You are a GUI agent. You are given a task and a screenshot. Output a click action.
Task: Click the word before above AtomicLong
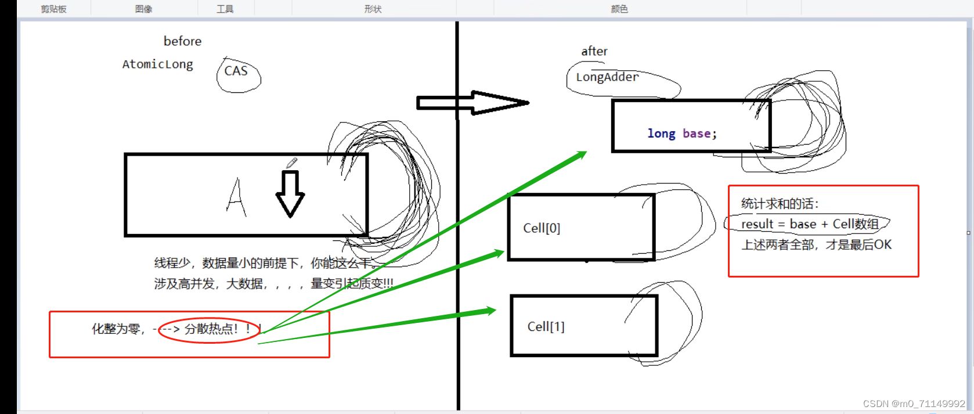[x=182, y=41]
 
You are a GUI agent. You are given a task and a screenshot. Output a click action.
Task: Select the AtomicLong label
[x=157, y=64]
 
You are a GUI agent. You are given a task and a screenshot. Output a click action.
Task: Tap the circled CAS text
[x=236, y=71]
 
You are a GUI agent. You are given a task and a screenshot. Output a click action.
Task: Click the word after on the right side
[x=594, y=51]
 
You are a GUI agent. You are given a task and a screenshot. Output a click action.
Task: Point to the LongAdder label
[x=607, y=77]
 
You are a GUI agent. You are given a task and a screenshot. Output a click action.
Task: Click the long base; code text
[x=682, y=134]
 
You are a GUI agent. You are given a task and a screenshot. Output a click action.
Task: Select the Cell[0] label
[x=542, y=228]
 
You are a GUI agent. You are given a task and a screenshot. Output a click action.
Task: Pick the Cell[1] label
[x=546, y=327]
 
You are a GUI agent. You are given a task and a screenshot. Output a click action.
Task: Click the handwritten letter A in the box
[x=236, y=197]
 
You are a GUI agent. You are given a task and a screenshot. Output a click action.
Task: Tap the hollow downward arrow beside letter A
[x=290, y=194]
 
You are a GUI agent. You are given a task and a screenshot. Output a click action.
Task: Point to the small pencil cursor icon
[x=291, y=163]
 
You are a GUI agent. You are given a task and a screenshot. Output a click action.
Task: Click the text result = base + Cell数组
[x=810, y=224]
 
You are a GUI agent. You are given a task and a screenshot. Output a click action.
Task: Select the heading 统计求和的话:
[x=780, y=204]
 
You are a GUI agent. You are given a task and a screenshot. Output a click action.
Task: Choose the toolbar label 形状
[x=373, y=9]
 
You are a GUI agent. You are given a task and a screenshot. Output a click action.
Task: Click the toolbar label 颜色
[x=619, y=9]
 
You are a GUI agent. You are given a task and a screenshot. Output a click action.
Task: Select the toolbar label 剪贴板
[x=53, y=9]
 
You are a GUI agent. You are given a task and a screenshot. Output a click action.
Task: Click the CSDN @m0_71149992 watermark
[x=914, y=404]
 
